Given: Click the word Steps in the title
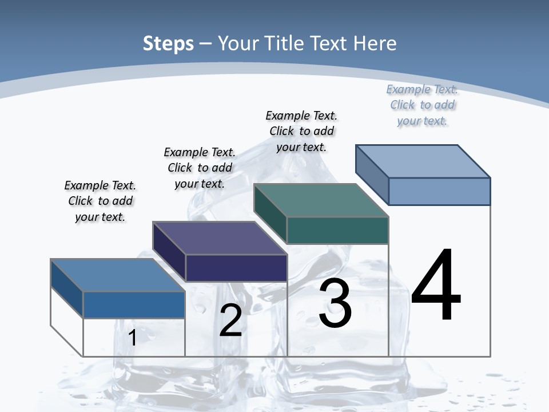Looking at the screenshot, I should click(x=168, y=43).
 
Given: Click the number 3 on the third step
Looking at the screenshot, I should click(x=335, y=303).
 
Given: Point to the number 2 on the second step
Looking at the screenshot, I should click(x=230, y=320).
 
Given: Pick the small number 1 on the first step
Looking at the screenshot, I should click(x=133, y=338).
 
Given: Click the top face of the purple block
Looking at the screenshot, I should click(x=220, y=237).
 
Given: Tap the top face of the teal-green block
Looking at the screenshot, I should click(x=321, y=200).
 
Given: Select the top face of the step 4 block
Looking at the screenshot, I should click(x=423, y=161).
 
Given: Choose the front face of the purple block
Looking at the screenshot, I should click(x=236, y=268).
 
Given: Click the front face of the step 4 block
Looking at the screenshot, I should click(x=439, y=191).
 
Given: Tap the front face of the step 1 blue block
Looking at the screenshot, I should click(x=134, y=304).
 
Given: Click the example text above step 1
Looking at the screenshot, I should click(x=100, y=201).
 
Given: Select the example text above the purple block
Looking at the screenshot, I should click(x=200, y=168).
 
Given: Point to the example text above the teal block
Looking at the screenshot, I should click(x=301, y=131).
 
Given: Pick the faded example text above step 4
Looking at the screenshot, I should click(x=422, y=105).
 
